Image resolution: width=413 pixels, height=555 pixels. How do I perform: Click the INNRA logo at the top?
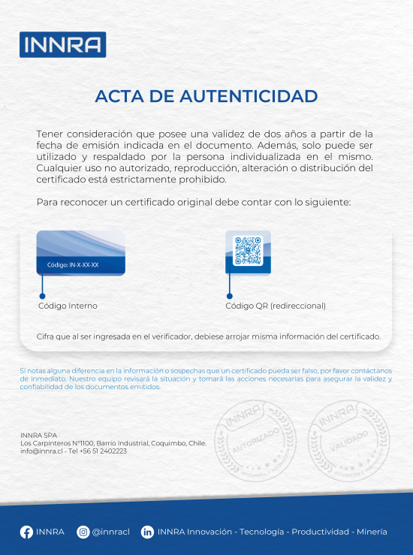62,44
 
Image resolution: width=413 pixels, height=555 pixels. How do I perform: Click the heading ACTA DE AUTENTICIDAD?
206,97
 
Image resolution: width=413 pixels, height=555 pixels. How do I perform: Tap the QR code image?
248,251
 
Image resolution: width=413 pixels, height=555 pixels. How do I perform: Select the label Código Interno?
68,306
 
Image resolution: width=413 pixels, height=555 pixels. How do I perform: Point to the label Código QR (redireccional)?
276,306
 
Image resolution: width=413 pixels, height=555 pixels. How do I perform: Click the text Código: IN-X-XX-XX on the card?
73,265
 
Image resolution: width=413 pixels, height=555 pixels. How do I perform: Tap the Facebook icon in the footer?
26,532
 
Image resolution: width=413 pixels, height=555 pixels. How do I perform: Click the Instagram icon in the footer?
83,532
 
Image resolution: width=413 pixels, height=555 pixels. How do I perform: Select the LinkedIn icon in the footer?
148,532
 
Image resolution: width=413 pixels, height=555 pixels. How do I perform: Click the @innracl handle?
110,532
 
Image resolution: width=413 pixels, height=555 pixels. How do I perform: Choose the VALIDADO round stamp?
346,440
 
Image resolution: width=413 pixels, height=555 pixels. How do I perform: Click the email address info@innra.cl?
42,451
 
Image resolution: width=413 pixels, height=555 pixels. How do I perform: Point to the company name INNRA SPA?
38,436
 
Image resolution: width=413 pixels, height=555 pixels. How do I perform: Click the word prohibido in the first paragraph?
201,179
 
